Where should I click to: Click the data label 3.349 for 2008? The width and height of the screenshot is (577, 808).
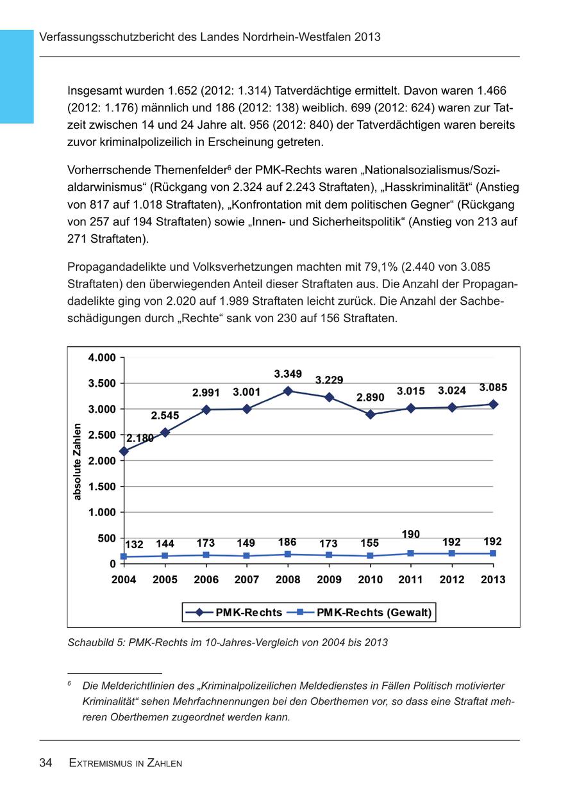(288, 374)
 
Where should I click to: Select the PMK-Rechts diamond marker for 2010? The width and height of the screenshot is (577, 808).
(370, 414)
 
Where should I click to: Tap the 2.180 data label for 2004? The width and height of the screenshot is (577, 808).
(140, 439)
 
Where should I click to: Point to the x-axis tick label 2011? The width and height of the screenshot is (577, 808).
(411, 579)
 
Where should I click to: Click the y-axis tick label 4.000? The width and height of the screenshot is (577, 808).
(102, 357)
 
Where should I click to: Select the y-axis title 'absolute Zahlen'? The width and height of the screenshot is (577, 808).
(77, 461)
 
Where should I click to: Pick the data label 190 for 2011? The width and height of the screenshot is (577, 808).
(411, 534)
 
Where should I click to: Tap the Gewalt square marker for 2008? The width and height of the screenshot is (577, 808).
(288, 554)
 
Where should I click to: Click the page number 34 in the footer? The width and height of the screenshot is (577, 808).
(46, 763)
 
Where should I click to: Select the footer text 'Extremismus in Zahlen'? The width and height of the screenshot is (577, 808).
(126, 763)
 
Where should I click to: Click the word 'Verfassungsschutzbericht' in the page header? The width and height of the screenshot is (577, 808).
(105, 37)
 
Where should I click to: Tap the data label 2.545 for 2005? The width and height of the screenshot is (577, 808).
(165, 416)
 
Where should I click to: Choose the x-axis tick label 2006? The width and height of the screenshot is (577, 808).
(206, 579)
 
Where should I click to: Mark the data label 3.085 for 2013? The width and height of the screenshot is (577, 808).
(493, 387)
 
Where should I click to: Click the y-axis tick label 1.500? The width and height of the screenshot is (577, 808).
(102, 487)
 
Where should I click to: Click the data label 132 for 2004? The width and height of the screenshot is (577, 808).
(134, 545)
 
